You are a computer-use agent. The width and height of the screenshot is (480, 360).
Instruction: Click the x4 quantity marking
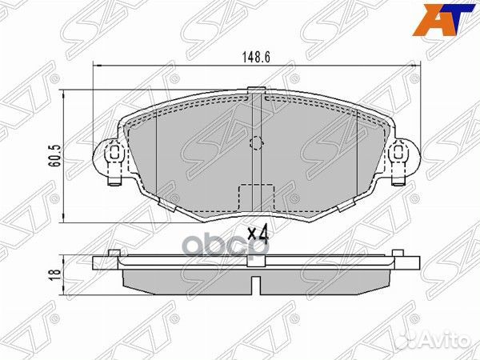click(257, 234)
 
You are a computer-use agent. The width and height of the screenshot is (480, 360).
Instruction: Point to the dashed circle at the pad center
click(256, 144)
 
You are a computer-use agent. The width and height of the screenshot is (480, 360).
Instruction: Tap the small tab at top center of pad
click(256, 90)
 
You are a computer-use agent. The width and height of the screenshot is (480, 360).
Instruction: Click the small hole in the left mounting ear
click(114, 152)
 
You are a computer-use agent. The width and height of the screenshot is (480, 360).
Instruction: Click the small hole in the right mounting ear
click(398, 152)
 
